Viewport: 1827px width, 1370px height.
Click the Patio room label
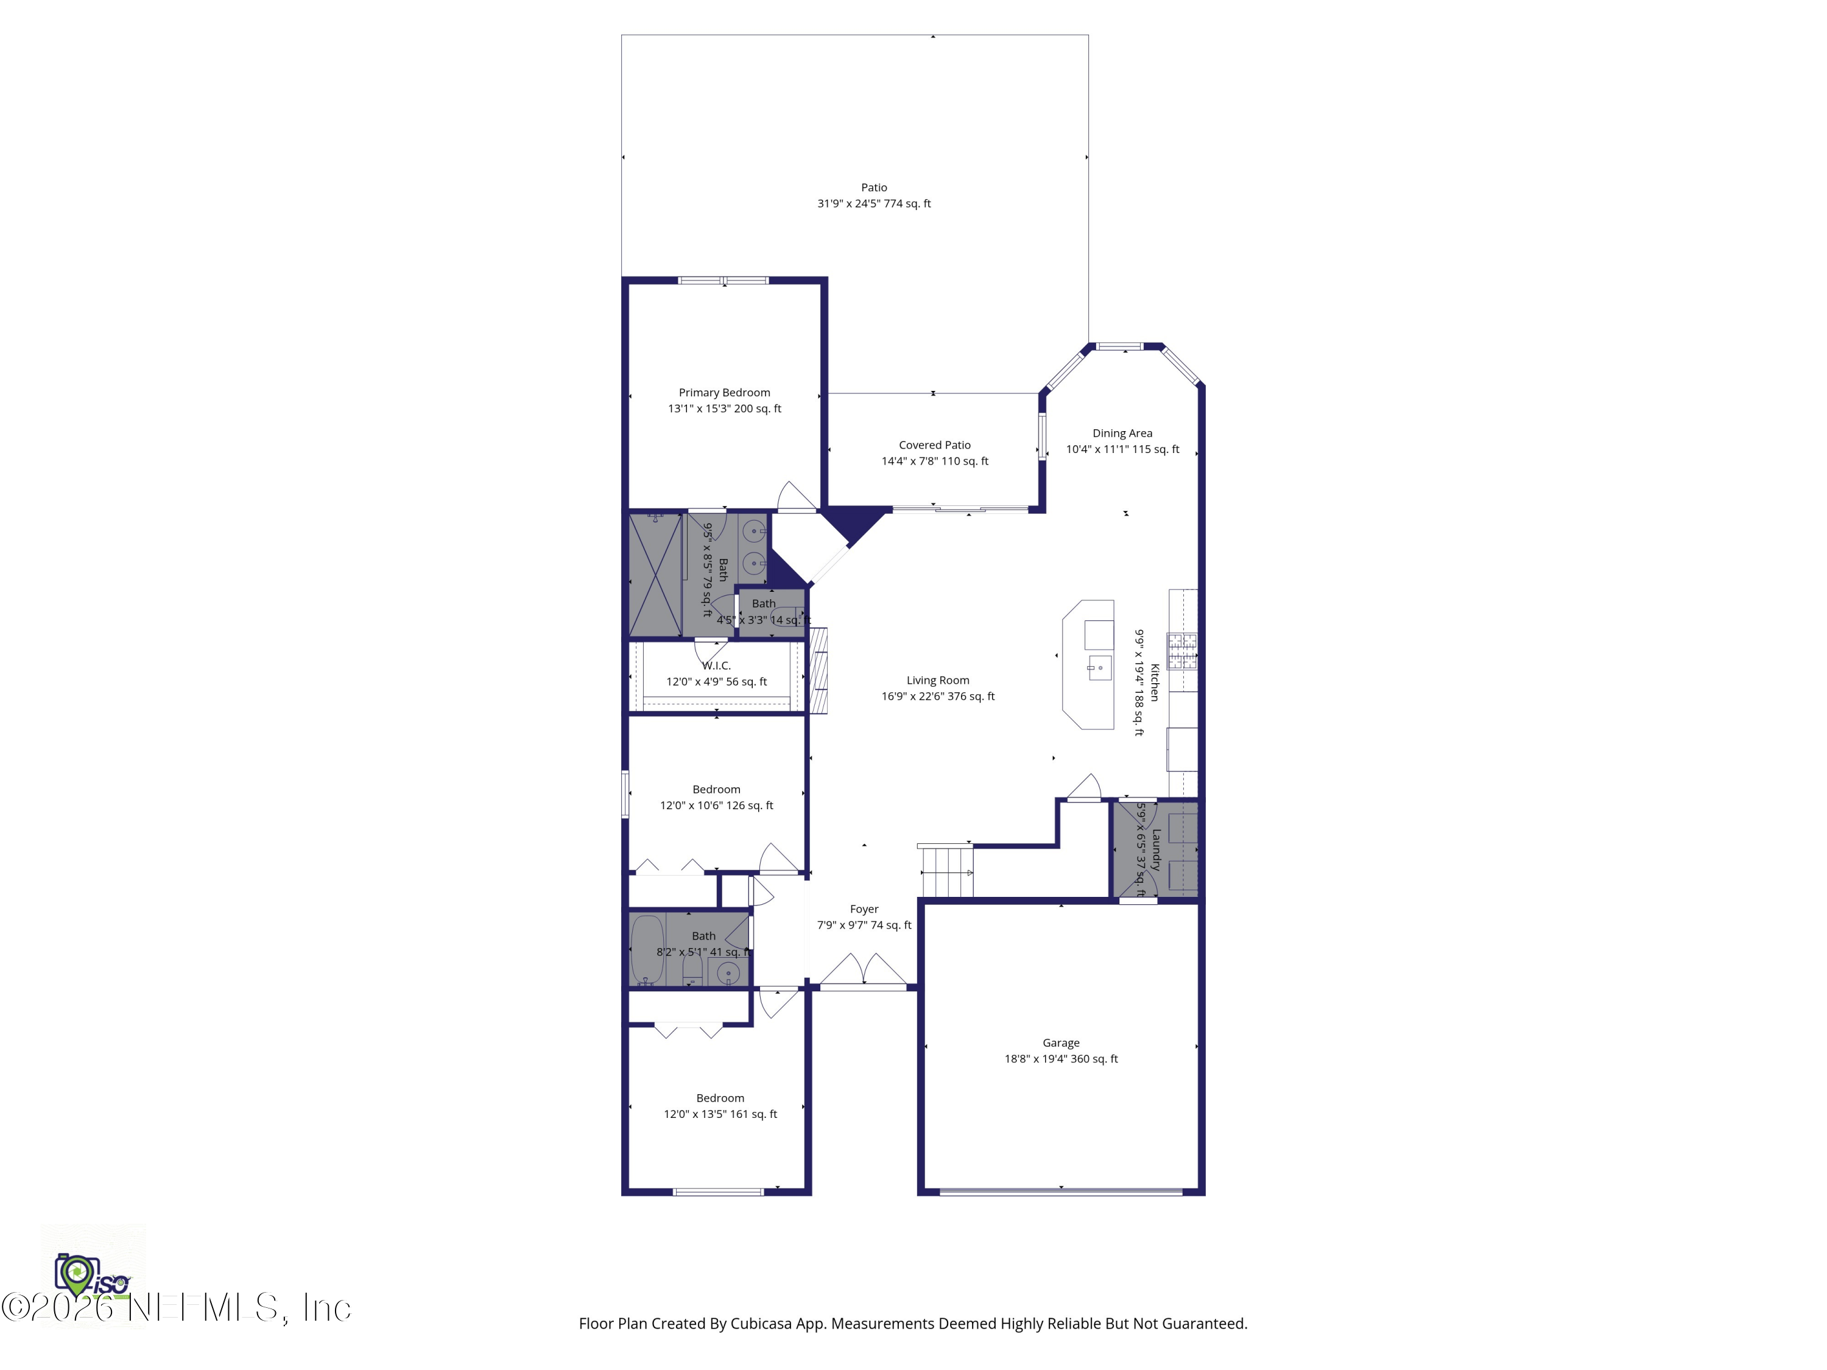[x=874, y=188]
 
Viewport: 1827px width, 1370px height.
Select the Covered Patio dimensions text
[x=934, y=462]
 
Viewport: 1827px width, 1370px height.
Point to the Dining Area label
[x=1122, y=434]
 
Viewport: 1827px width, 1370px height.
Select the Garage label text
[x=1060, y=1043]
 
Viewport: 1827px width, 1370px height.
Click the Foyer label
[x=864, y=909]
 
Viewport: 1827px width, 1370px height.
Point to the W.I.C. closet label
[x=716, y=666]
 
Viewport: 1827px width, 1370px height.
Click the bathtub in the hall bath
[x=647, y=950]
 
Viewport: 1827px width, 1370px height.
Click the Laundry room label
[x=1155, y=850]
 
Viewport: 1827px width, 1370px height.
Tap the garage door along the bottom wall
[x=1060, y=1191]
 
